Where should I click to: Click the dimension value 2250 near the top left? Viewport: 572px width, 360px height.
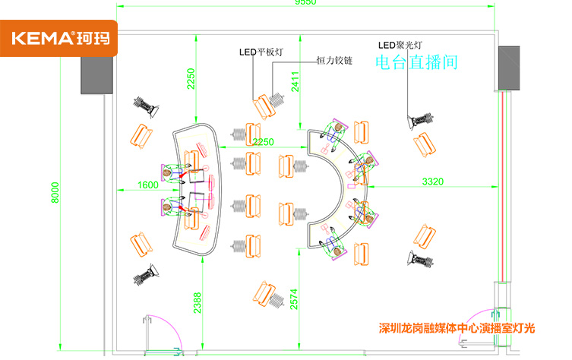point(191,79)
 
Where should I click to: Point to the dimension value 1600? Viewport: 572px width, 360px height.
point(148,185)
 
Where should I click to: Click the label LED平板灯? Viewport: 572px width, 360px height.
point(261,52)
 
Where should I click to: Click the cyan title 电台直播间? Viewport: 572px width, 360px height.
point(417,62)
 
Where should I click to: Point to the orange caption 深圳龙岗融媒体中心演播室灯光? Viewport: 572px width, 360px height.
point(457,329)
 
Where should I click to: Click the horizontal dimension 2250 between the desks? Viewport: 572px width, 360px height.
point(263,143)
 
